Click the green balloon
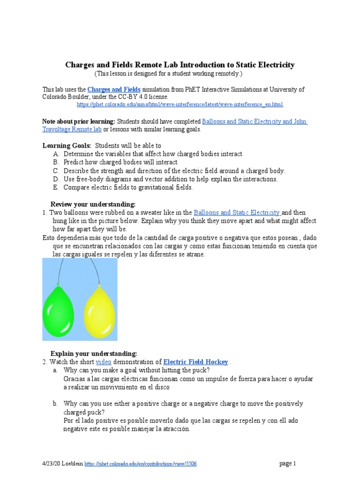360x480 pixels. [x=59, y=306]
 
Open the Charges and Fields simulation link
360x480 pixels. [x=114, y=89]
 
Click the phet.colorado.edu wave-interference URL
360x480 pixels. [x=180, y=104]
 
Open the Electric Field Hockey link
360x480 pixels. [x=195, y=362]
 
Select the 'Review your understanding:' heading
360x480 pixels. [x=93, y=204]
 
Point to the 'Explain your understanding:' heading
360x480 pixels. [x=94, y=353]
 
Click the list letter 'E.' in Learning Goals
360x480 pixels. [x=56, y=187]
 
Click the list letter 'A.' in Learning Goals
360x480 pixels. [x=56, y=154]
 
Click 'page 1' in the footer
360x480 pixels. [x=288, y=464]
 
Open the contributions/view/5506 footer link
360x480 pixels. [x=141, y=464]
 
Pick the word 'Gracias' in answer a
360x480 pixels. [x=74, y=378]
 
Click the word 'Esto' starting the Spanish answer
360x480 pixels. [x=49, y=238]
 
